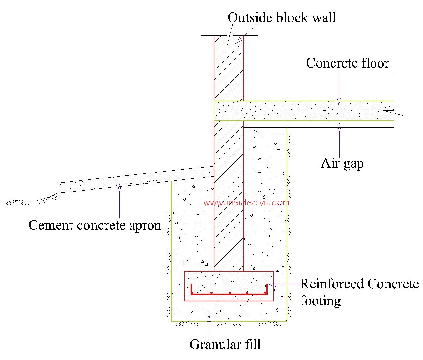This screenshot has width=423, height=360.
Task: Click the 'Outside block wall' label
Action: point(282,17)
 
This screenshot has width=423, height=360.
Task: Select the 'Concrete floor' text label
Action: point(347,63)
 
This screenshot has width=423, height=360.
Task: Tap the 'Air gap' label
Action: point(342,163)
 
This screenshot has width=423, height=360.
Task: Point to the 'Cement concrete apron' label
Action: point(95,225)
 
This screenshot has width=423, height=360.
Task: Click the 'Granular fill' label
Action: point(225,344)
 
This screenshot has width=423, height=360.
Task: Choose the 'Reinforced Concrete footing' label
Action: point(359,292)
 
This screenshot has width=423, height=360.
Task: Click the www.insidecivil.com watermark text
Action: point(246,203)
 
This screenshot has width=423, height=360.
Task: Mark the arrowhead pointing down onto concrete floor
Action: point(339,102)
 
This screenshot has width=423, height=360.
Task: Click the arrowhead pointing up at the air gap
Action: point(339,127)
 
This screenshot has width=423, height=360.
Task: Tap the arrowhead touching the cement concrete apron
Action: point(119,187)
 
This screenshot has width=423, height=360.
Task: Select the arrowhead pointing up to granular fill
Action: point(209,317)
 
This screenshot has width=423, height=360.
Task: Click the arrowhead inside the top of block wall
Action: point(239,40)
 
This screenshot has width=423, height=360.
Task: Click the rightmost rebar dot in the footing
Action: point(265,293)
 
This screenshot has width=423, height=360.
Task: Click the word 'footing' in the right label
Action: point(320,301)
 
